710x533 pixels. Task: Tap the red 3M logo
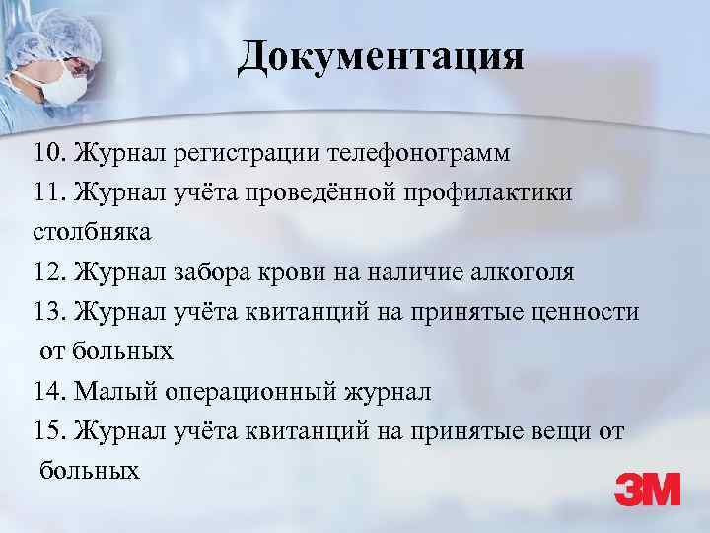coord(647,490)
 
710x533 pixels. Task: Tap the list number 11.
coord(47,194)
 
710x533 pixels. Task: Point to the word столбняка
coord(90,234)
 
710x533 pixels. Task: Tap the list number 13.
coord(47,313)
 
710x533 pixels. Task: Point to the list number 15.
coord(47,431)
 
